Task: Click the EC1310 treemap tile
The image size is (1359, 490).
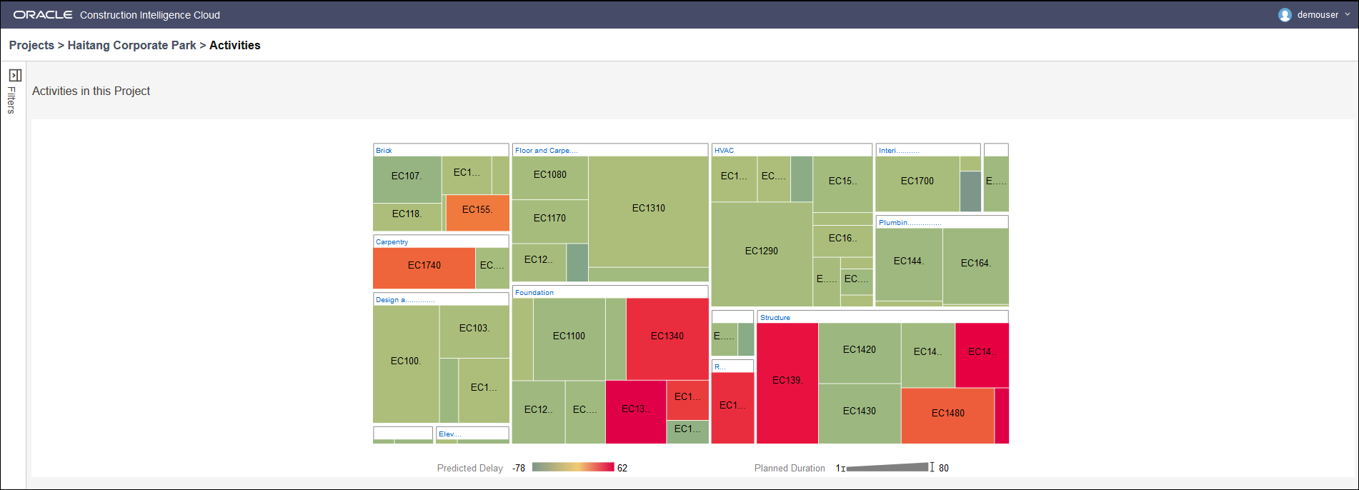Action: click(648, 209)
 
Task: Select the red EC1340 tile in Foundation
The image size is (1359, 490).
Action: click(667, 336)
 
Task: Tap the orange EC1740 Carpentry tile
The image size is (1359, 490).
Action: click(424, 266)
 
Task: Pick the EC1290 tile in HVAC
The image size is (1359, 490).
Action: click(761, 251)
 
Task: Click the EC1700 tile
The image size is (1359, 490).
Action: click(917, 181)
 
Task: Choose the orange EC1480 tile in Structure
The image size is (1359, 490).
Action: click(947, 414)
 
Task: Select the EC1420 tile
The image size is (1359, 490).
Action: click(859, 350)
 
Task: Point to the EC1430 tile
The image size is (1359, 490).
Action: click(859, 411)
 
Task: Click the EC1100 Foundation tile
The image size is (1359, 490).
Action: click(569, 336)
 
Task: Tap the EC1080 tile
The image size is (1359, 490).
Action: click(549, 175)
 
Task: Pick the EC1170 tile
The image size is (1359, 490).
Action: click(549, 219)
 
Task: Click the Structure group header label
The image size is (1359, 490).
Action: click(775, 318)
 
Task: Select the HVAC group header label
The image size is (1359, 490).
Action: click(724, 151)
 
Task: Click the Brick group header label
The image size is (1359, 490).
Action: click(384, 151)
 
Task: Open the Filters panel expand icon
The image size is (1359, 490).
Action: click(15, 75)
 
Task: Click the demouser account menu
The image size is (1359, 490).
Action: click(1315, 15)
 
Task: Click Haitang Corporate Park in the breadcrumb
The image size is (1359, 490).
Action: click(131, 46)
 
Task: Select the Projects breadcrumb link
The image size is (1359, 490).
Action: click(31, 46)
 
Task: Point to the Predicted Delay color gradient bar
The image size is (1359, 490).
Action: click(573, 468)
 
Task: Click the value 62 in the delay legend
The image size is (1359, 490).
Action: click(622, 469)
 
